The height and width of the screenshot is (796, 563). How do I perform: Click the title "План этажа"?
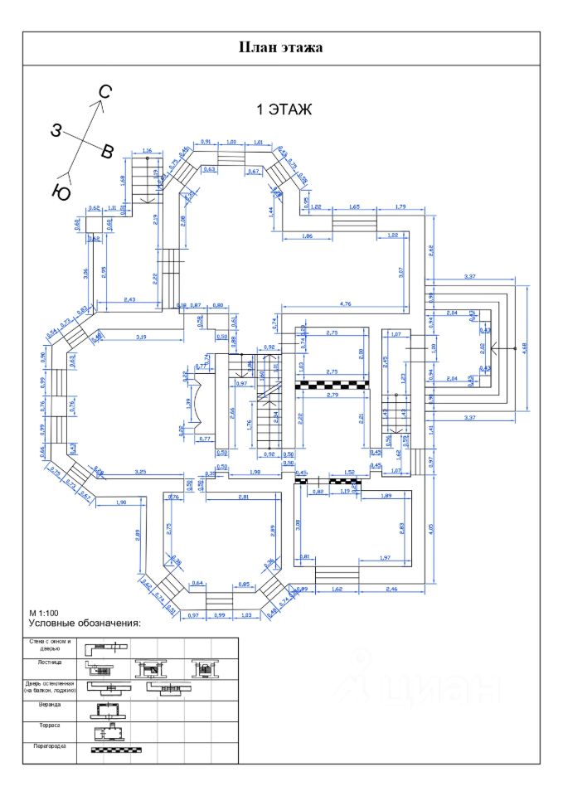280,47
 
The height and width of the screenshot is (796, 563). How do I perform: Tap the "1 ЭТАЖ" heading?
284,109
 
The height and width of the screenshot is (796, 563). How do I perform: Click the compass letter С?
105,91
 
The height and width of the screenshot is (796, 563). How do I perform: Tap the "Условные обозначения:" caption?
85,623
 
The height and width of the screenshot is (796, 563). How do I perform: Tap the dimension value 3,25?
141,471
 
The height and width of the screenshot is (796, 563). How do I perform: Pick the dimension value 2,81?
243,496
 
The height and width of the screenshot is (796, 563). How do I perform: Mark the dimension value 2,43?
129,298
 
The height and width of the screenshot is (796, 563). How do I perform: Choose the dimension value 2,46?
391,589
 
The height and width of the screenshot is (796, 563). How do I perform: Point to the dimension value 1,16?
147,150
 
